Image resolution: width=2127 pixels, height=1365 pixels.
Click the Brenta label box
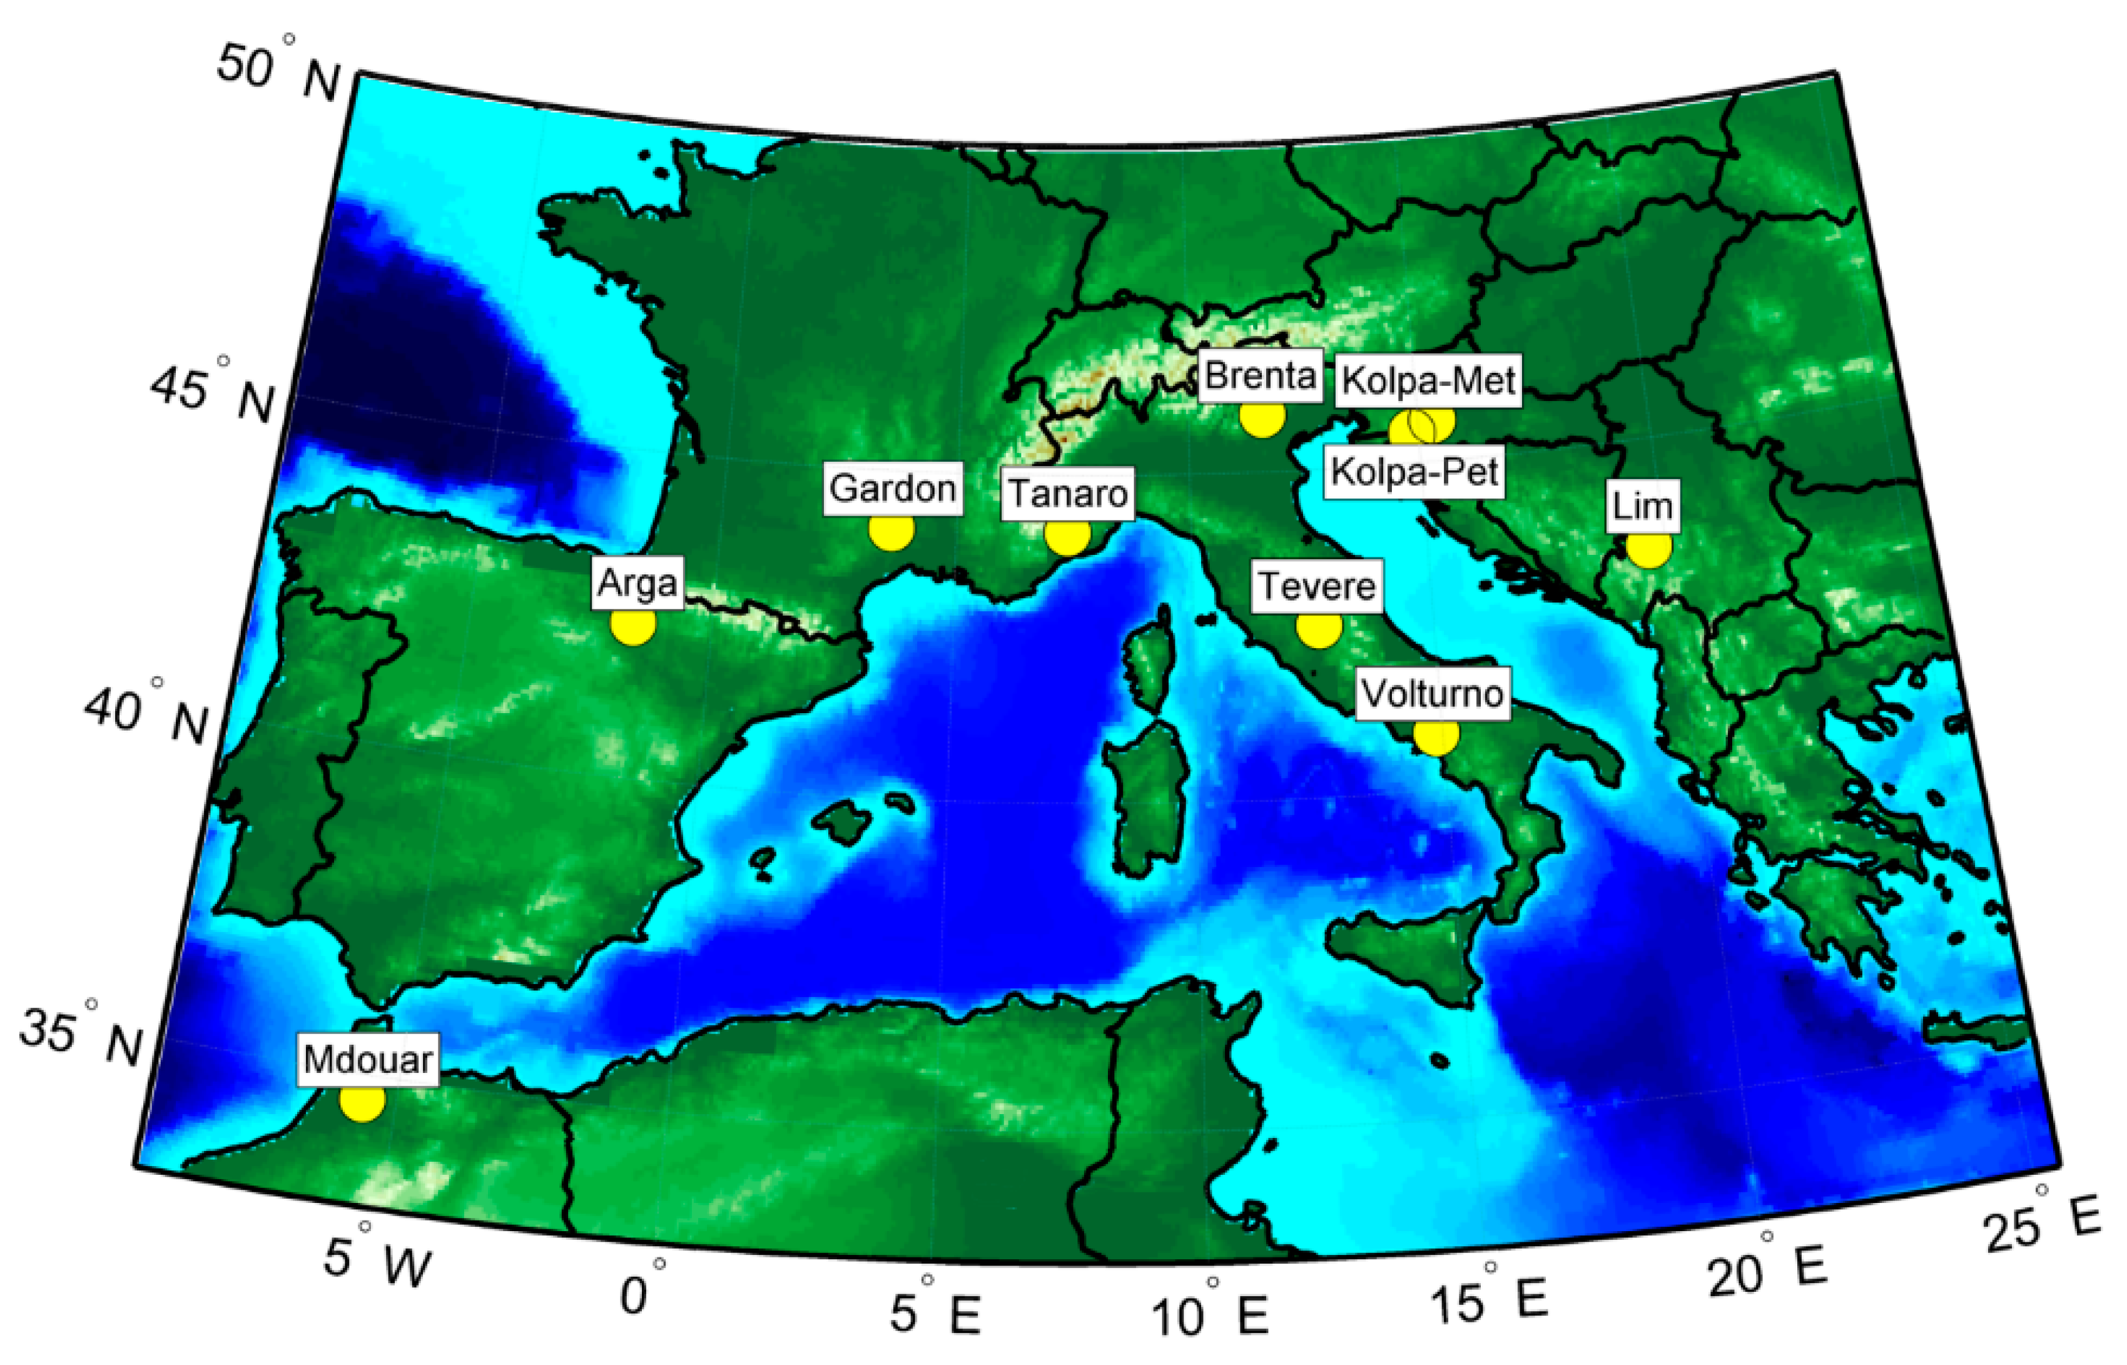1259,377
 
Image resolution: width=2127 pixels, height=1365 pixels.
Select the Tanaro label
1067,494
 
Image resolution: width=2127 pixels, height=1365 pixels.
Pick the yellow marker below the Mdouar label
362,1101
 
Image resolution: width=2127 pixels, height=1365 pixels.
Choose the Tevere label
1317,587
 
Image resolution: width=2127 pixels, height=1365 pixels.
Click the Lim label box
1642,507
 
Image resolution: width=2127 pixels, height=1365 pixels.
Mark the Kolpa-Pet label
1414,472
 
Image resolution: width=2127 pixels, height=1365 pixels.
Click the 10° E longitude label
1210,1312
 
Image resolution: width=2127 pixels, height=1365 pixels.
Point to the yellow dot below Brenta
1262,416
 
